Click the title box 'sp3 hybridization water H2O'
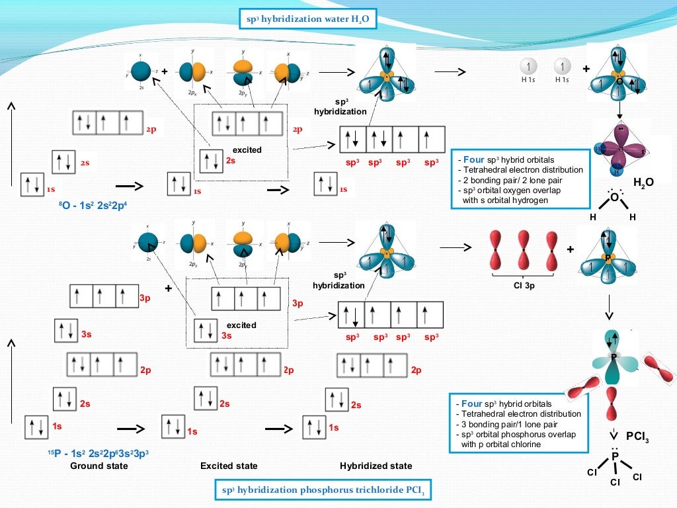pyautogui.click(x=308, y=20)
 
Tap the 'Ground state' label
pyautogui.click(x=99, y=466)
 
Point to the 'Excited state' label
pyautogui.click(x=229, y=466)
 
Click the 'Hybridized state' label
pyautogui.click(x=376, y=466)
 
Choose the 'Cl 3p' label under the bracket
pyautogui.click(x=523, y=286)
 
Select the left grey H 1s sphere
pyautogui.click(x=528, y=67)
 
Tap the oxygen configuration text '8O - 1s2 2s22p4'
pyautogui.click(x=93, y=205)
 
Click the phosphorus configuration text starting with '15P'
pyautogui.click(x=98, y=454)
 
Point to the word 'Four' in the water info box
pyautogui.click(x=473, y=160)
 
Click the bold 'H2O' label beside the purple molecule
pyautogui.click(x=643, y=182)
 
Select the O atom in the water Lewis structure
pyautogui.click(x=614, y=197)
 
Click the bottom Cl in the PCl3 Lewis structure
pyautogui.click(x=615, y=482)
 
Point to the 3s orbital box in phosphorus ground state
pyautogui.click(x=67, y=331)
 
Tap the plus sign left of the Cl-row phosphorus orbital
pyautogui.click(x=569, y=249)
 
